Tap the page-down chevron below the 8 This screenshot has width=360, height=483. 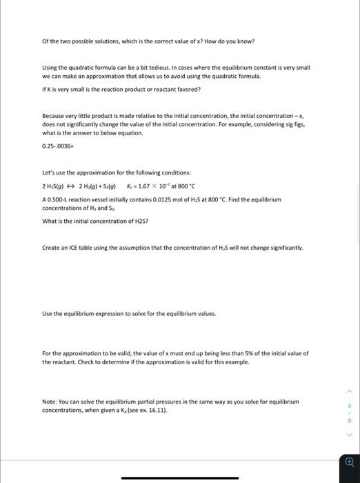(x=350, y=435)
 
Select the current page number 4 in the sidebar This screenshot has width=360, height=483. (x=350, y=404)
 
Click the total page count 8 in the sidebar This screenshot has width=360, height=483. (x=350, y=420)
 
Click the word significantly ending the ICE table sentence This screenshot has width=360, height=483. (x=283, y=248)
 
